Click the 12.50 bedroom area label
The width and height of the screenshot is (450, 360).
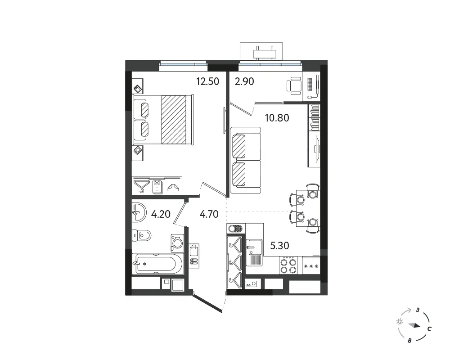207,81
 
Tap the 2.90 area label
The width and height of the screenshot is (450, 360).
244,81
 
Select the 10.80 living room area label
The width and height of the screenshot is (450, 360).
277,118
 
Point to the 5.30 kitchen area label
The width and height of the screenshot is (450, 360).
279,245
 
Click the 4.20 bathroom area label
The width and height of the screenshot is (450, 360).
161,214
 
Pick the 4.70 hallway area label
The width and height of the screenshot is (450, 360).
209,214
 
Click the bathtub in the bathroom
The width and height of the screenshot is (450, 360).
157,264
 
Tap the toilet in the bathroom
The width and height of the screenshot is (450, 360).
141,236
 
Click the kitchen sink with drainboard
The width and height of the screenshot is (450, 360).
254,252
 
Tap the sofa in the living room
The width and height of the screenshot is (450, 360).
245,160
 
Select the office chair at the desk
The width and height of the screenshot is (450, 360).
294,85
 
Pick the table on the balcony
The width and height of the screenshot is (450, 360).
265,54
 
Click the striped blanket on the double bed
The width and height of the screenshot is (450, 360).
174,119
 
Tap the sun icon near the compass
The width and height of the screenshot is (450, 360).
399,322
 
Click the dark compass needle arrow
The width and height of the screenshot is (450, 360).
415,325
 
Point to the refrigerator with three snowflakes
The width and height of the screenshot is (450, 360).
311,266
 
